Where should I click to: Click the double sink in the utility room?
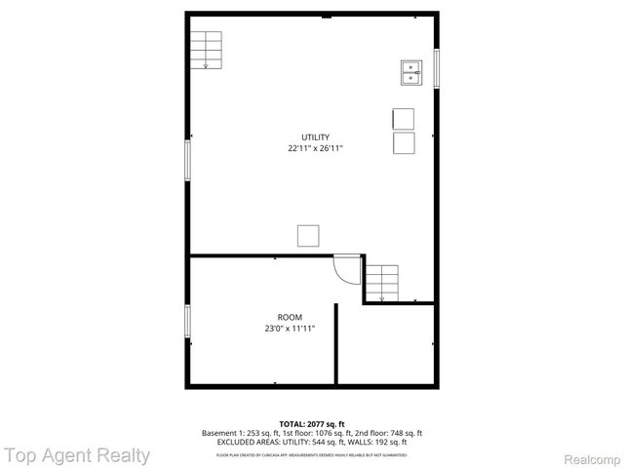(x=411, y=73)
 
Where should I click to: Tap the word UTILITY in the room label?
(x=315, y=136)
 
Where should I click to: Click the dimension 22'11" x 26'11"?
(x=315, y=149)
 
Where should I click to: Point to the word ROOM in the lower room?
(x=290, y=317)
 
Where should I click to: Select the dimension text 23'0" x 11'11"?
(x=290, y=330)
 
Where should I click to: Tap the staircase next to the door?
(x=382, y=282)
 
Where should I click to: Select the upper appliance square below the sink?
(x=403, y=119)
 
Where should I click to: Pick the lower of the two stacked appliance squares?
(x=403, y=143)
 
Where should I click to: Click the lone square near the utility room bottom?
(x=308, y=236)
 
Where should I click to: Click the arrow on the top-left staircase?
(x=205, y=64)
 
